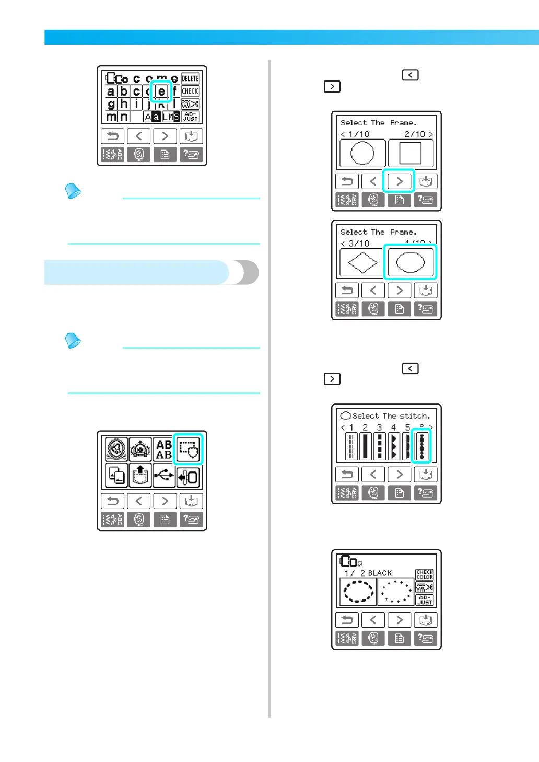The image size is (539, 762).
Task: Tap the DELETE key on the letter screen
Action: tap(190, 78)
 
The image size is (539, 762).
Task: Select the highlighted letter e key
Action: tap(161, 91)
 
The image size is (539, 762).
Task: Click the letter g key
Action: tap(111, 104)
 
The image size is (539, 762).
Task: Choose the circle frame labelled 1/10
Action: tap(362, 154)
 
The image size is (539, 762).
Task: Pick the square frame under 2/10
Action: tap(411, 154)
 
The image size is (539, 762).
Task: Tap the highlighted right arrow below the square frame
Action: tap(399, 181)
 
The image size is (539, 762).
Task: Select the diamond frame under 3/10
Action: tap(362, 262)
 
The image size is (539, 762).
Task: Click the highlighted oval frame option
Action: tap(411, 262)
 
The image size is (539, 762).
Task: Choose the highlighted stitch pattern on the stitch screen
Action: tap(421, 446)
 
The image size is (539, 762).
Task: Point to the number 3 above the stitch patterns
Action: tap(379, 428)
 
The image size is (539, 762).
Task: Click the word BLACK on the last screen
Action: tap(380, 573)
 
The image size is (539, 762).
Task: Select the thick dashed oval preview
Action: tap(358, 592)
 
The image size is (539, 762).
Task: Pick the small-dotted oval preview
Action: tap(395, 592)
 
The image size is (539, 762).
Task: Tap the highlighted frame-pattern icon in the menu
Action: tap(188, 449)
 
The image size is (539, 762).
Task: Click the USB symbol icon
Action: tap(165, 476)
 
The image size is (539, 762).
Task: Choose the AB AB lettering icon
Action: tap(164, 449)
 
